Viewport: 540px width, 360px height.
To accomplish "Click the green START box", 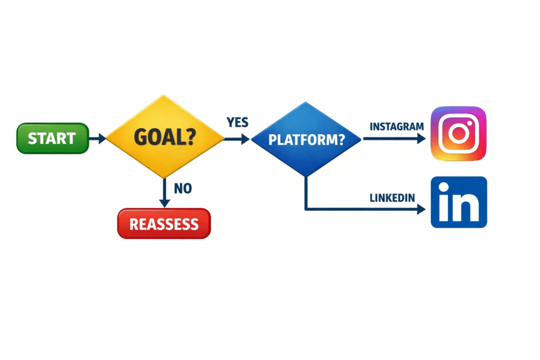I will coord(52,139).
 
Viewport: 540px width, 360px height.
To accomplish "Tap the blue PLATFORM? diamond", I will coord(306,140).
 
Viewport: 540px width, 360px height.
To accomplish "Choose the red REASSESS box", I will coord(164,224).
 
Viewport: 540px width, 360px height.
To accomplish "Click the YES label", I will coord(237,122).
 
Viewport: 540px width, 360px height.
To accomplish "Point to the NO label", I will coord(182,188).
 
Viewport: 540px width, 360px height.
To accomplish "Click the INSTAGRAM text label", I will coord(397,127).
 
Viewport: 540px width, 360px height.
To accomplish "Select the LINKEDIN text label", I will coord(392,198).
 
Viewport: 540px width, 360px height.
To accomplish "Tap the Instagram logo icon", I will coord(458,134).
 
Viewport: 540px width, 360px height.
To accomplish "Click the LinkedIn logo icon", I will coord(458,202).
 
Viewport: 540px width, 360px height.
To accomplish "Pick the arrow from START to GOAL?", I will coord(97,139).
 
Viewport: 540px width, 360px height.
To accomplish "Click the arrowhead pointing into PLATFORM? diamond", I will coord(246,139).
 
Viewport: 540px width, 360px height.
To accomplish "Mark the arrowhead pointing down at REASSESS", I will coord(165,203).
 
